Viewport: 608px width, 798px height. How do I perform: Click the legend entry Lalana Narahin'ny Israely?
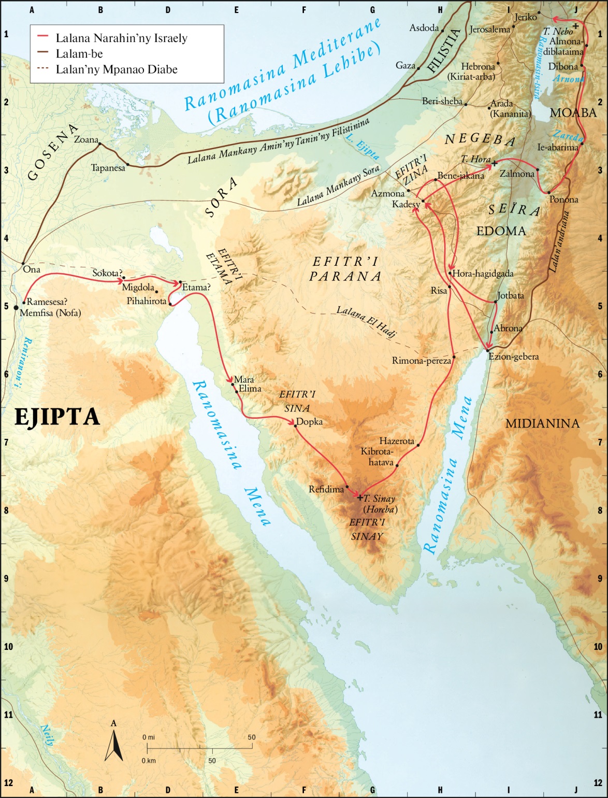[121, 38]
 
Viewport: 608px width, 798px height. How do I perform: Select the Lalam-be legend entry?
[79, 53]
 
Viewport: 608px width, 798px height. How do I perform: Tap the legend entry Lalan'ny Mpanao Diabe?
[116, 69]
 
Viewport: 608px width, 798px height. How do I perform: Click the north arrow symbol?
[113, 746]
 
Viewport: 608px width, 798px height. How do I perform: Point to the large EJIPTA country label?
[56, 417]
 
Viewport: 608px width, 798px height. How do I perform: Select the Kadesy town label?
[406, 204]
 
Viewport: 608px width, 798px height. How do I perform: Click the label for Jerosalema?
[489, 30]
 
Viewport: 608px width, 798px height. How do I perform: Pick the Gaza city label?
[405, 65]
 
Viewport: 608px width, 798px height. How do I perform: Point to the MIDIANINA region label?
[542, 423]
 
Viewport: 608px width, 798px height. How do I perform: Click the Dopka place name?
[310, 422]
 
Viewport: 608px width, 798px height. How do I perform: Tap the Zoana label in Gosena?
[85, 139]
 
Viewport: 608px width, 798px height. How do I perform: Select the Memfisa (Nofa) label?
[50, 312]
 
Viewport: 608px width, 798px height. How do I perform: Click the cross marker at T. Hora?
[494, 164]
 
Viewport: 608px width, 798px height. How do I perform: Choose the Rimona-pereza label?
[421, 361]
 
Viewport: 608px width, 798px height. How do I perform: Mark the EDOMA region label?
[501, 231]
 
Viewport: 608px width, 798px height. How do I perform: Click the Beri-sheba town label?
[442, 101]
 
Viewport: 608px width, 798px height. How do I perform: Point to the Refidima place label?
[326, 489]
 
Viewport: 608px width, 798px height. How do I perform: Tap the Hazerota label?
[396, 441]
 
